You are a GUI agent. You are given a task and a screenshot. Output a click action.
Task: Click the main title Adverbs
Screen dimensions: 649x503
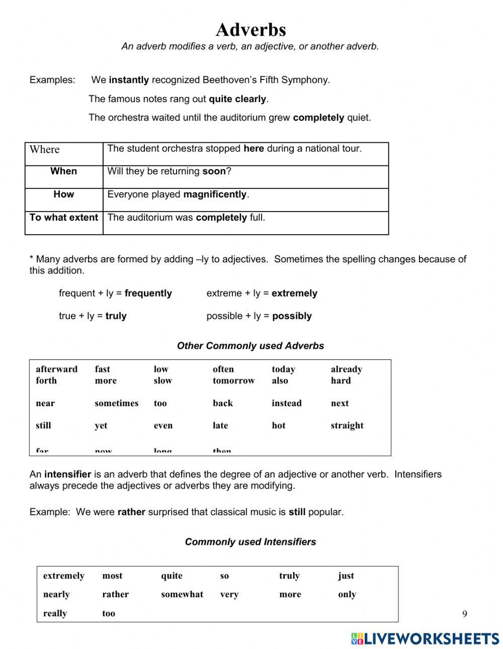click(x=250, y=30)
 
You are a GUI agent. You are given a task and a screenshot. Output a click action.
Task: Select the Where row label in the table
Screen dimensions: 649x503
click(x=44, y=149)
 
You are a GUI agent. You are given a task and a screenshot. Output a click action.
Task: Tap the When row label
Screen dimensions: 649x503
click(x=63, y=171)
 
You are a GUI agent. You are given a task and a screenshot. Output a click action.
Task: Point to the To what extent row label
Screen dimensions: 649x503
click(x=63, y=217)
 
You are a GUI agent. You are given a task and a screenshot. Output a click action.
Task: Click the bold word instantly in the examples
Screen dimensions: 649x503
click(x=129, y=80)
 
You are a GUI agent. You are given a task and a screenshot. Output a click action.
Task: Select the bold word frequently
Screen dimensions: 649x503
click(x=148, y=293)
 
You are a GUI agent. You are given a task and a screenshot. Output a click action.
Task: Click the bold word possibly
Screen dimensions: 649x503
click(x=292, y=316)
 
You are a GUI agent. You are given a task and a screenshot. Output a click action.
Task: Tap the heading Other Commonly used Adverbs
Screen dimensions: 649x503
click(x=250, y=346)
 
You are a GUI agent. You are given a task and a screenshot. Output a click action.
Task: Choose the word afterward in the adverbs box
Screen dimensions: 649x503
click(x=56, y=369)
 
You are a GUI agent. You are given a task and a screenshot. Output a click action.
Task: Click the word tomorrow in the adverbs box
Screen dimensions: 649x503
click(x=233, y=381)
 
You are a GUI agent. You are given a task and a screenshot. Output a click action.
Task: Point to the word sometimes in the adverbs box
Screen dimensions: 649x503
click(x=116, y=403)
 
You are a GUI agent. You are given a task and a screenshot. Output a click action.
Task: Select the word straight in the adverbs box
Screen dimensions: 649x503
click(x=347, y=425)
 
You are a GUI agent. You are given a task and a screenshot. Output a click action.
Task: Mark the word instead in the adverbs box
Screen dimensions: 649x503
click(x=286, y=403)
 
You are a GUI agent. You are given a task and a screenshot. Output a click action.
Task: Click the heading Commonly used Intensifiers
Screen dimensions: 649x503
click(x=250, y=542)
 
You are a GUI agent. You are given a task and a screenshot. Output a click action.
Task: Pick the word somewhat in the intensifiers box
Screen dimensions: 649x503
click(x=182, y=594)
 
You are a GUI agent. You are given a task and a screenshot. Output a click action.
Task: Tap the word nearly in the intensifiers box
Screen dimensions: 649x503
click(x=56, y=594)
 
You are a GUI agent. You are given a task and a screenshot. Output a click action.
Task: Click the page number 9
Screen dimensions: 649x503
click(x=464, y=614)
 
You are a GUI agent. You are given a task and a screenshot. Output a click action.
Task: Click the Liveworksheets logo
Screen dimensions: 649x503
click(x=425, y=638)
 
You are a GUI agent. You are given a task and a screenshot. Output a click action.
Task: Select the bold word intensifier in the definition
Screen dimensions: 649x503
click(x=67, y=474)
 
